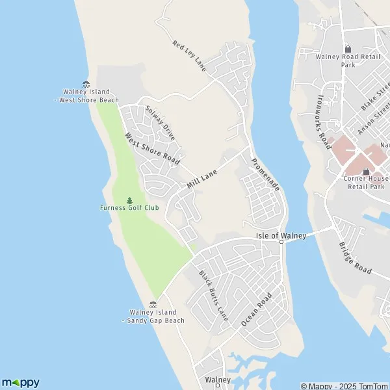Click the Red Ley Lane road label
pyautogui.click(x=188, y=55)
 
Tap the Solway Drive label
pyautogui.click(x=161, y=123)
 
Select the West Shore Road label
pyautogui.click(x=151, y=149)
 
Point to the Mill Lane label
pyautogui.click(x=201, y=177)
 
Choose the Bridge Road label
pyautogui.click(x=355, y=257)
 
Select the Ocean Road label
pyautogui.click(x=255, y=309)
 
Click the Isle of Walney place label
pyautogui.click(x=281, y=235)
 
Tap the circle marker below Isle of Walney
pyautogui.click(x=281, y=242)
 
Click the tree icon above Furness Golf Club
pyautogui.click(x=129, y=200)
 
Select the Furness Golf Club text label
pyautogui.click(x=129, y=208)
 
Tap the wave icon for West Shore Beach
pyautogui.click(x=86, y=83)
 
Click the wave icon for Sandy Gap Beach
pyautogui.click(x=153, y=304)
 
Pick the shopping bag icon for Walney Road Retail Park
pyautogui.click(x=348, y=49)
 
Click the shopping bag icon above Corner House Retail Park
pyautogui.click(x=366, y=171)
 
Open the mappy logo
pyautogui.click(x=21, y=382)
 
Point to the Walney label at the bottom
pyautogui.click(x=217, y=380)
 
